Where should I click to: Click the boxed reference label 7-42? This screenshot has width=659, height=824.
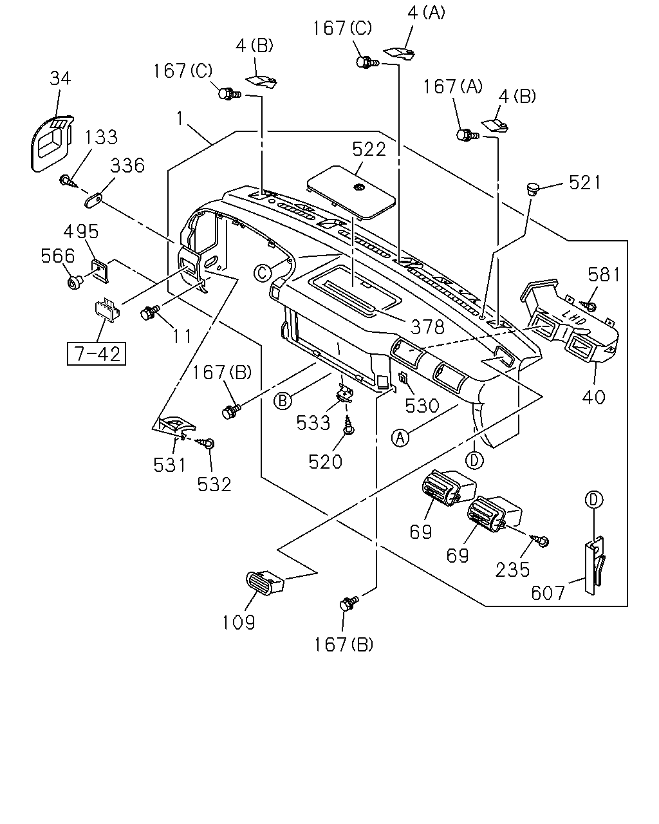point(97,354)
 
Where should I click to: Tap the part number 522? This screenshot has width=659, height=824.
point(369,149)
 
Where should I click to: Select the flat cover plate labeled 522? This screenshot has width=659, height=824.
point(351,192)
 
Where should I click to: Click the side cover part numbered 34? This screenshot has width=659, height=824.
point(51,142)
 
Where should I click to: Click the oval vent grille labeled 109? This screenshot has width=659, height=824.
point(265,583)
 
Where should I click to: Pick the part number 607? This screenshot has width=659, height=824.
point(548,594)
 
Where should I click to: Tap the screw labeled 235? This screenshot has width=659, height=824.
point(541,540)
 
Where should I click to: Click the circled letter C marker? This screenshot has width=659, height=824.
point(263,274)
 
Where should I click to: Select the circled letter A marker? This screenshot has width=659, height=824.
point(400,438)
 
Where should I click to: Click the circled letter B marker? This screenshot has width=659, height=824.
point(283,401)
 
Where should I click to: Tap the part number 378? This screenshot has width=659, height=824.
point(427,328)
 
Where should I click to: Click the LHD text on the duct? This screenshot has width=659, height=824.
point(573,317)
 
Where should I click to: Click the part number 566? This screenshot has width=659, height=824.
point(58,256)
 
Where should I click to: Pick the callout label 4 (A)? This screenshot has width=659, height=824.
point(426,14)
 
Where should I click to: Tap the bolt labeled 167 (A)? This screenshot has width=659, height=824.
point(467,135)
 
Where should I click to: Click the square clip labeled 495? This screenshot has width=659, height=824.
point(100,270)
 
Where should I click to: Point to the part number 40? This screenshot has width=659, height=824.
point(593,397)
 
